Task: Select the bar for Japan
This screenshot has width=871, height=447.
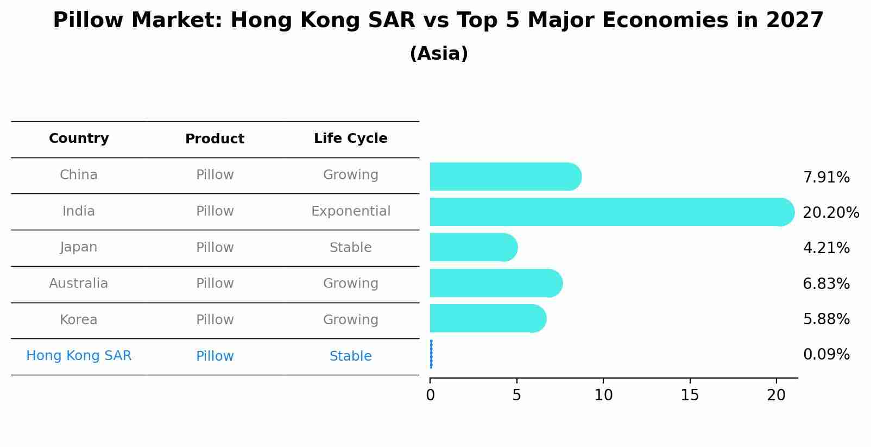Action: pos(472,248)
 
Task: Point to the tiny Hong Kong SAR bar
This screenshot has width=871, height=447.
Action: pos(431,354)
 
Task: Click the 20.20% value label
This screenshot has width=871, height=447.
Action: pos(830,213)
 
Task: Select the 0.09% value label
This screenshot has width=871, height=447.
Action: pos(826,355)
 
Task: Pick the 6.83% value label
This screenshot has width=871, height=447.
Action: pos(826,284)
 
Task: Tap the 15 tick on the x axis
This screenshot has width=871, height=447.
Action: pos(690,395)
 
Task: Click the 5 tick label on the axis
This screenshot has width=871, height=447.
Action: pos(516,395)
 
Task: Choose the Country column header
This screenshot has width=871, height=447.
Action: pos(79,138)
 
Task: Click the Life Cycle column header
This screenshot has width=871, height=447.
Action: pos(350,138)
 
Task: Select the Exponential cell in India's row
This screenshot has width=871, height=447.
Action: pos(350,211)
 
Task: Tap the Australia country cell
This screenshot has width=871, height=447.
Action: pos(79,284)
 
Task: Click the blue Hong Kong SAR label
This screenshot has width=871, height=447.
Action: pos(79,356)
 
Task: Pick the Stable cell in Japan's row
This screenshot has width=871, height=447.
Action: pos(350,248)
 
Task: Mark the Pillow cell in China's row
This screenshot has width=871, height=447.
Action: pos(214,175)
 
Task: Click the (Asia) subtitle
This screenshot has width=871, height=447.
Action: pos(439,54)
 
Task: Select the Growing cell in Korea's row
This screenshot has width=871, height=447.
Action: pos(350,320)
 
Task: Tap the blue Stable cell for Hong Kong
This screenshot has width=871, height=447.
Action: pos(350,356)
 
